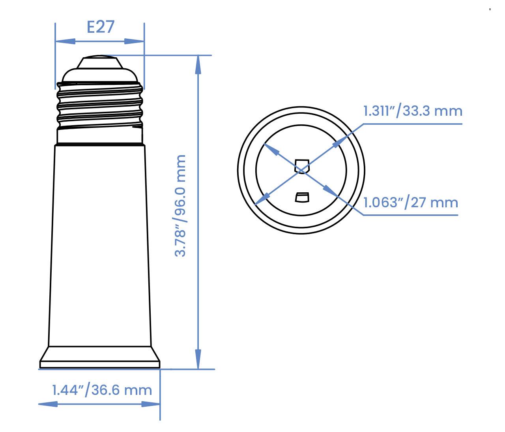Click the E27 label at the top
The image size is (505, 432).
[100, 27]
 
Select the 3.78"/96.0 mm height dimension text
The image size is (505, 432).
[180, 206]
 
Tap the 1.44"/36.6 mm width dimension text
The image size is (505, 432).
[102, 390]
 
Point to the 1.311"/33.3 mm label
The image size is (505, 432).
[412, 111]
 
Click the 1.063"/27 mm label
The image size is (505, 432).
[410, 203]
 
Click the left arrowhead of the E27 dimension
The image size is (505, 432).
[65, 41]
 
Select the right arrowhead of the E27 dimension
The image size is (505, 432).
[135, 41]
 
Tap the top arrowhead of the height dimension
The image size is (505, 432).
[198, 65]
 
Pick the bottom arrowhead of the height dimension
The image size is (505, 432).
[198, 359]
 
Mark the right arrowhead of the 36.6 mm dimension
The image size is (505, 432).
[151, 404]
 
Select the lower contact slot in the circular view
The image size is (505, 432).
[302, 197]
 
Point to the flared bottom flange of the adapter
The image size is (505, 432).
[100, 357]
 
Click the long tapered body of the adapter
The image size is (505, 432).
[100, 245]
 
